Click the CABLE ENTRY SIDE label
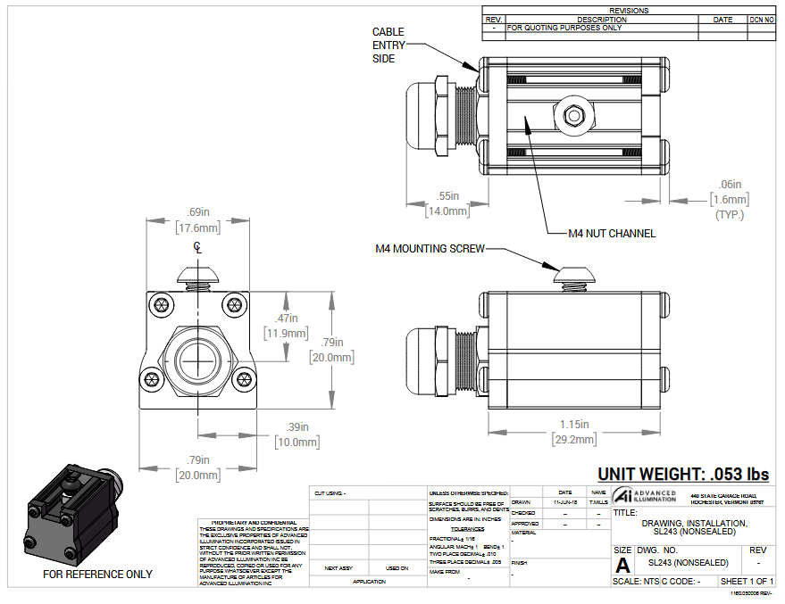(x=388, y=46)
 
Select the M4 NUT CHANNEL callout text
(x=612, y=234)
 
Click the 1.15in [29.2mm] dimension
(x=573, y=432)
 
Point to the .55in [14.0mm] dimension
(x=448, y=203)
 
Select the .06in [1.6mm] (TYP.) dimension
(x=729, y=199)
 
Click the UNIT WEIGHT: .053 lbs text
(x=683, y=475)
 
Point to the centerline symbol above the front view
(x=197, y=251)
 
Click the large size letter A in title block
(x=622, y=565)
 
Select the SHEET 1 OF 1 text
(x=747, y=581)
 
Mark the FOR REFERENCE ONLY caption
(x=97, y=575)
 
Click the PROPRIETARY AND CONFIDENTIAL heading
(x=254, y=522)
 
